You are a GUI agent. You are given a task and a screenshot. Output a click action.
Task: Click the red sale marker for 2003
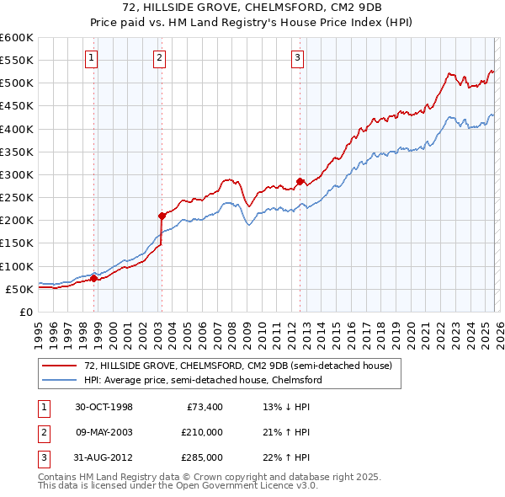click(x=162, y=216)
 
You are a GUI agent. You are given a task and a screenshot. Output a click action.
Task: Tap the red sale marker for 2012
click(x=300, y=181)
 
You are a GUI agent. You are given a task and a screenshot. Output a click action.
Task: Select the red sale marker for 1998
click(x=94, y=278)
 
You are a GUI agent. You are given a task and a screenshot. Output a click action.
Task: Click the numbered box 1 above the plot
click(x=91, y=58)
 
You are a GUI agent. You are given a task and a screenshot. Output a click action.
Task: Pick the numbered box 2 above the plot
click(x=159, y=58)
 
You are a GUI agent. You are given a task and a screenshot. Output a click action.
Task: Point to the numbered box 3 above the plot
click(x=298, y=58)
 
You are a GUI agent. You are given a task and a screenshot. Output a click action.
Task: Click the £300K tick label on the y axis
click(x=16, y=174)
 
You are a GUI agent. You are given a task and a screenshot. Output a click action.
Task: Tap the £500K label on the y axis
click(x=16, y=83)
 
